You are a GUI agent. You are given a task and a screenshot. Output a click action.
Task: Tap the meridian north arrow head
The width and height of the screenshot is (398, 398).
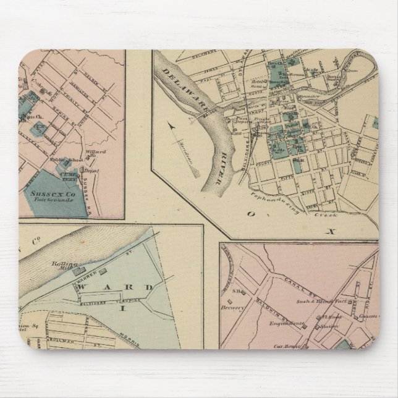[x=171, y=127]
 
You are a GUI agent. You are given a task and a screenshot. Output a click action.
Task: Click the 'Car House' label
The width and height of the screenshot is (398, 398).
[x=288, y=347]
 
